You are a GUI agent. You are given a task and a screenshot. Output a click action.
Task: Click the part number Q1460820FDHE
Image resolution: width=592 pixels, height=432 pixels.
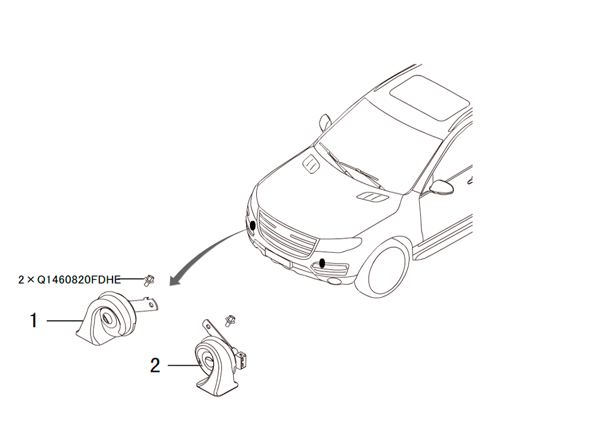[79, 279]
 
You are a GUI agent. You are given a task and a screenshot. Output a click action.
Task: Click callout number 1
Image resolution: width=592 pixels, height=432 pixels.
[34, 321]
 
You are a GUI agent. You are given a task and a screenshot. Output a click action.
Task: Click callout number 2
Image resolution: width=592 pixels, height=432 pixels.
[155, 365]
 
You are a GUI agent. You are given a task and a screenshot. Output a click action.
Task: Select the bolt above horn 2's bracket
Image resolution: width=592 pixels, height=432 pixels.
[229, 320]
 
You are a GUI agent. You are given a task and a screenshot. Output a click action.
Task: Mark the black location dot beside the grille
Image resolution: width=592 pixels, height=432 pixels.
[252, 226]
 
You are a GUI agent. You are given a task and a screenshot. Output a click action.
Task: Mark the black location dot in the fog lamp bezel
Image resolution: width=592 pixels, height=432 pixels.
[322, 263]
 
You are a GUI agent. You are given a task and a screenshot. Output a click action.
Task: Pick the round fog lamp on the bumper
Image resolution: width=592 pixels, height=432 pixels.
[333, 281]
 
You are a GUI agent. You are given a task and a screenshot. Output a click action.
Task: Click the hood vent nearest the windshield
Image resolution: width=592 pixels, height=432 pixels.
[311, 163]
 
